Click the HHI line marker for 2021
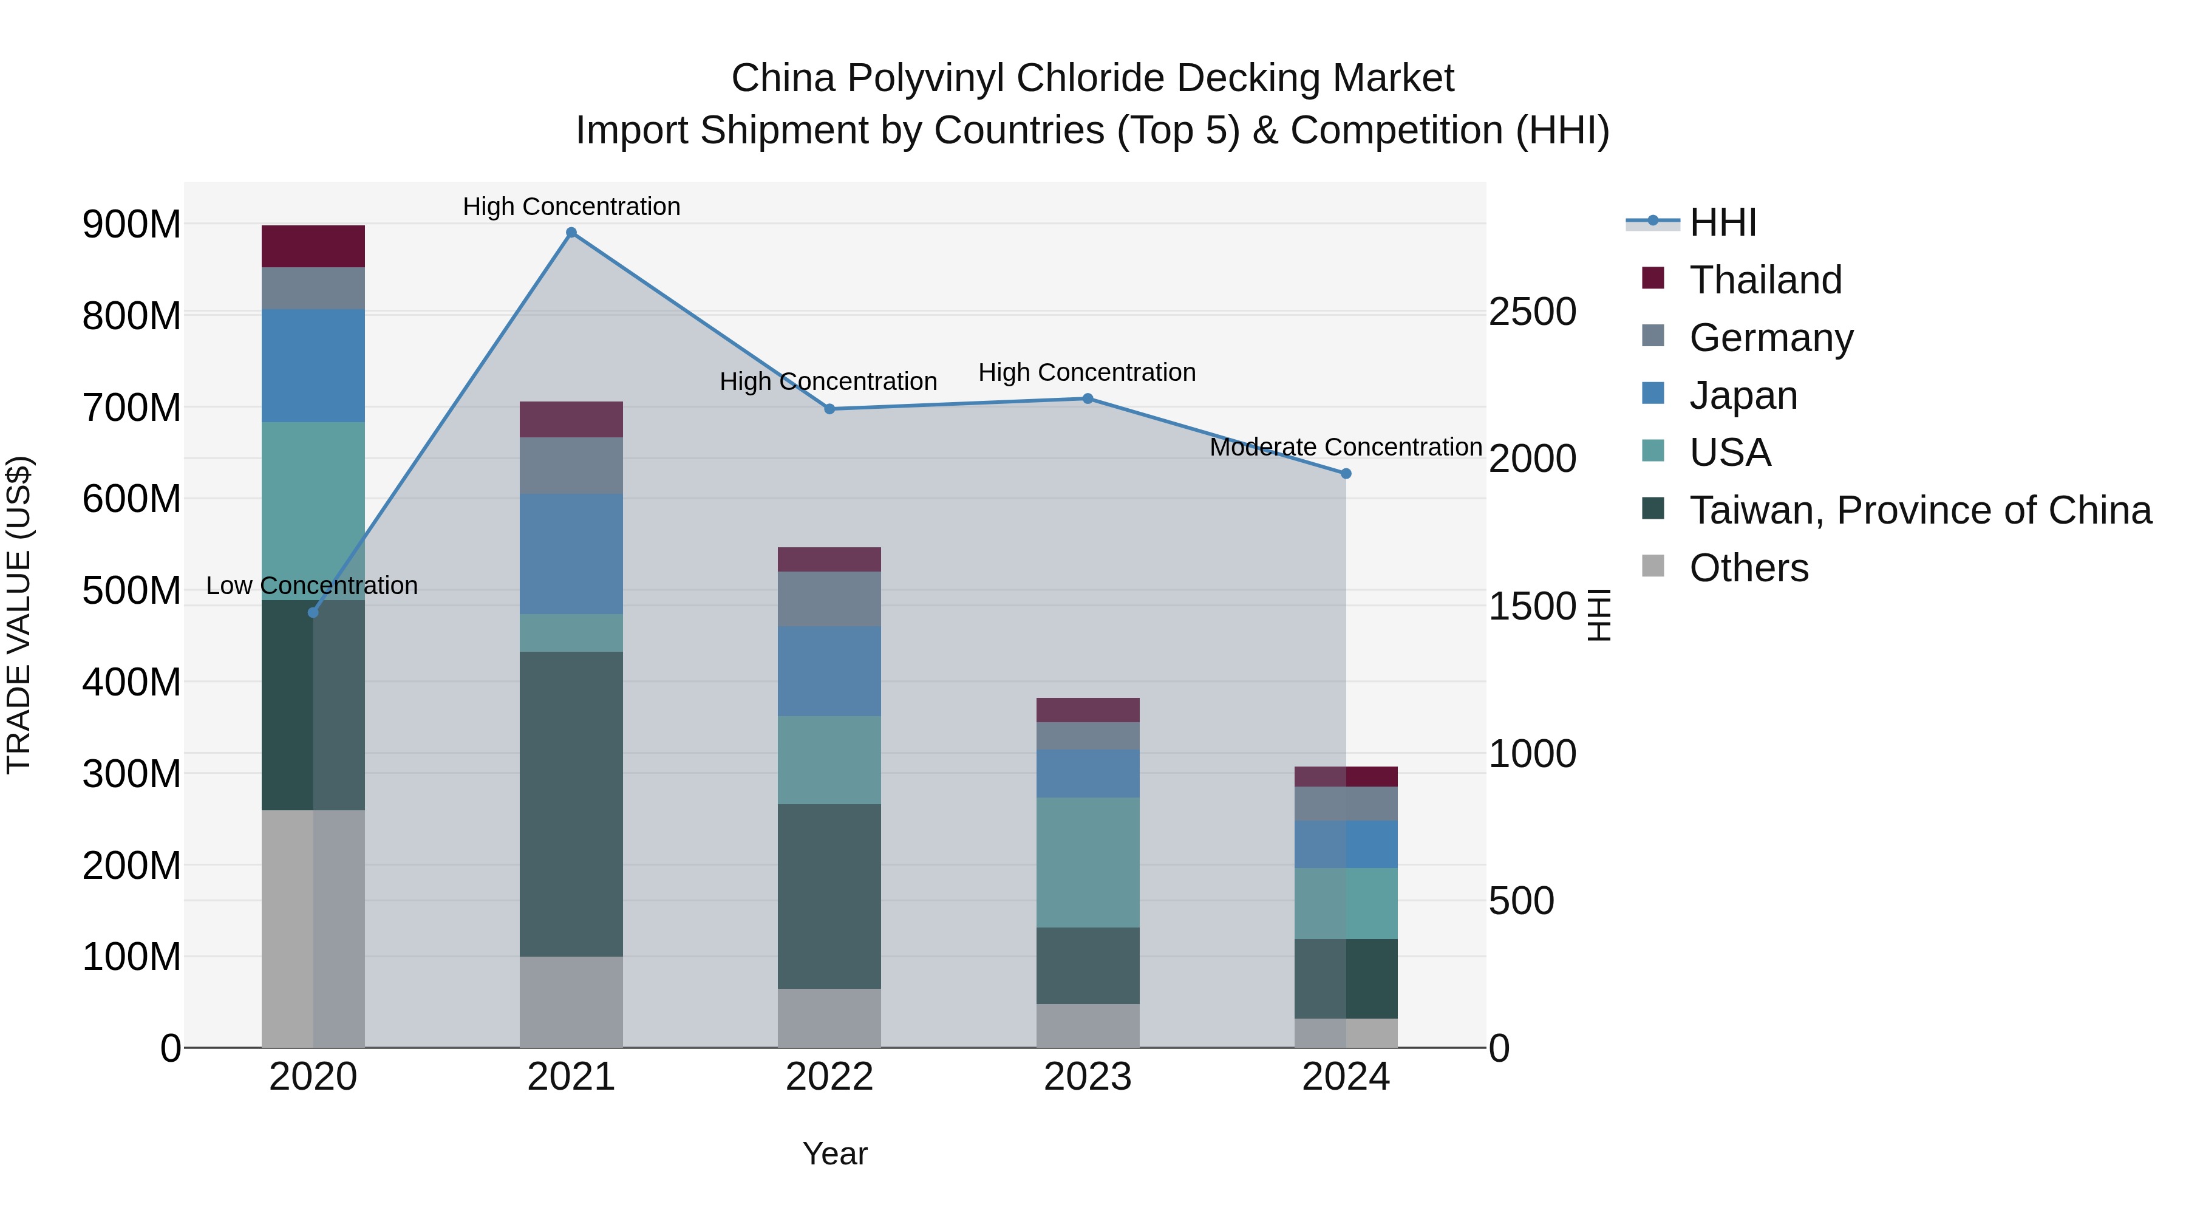click(x=571, y=233)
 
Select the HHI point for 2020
click(x=313, y=612)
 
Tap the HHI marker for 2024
click(x=1346, y=474)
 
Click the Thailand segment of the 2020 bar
click(x=313, y=246)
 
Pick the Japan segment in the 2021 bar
click(x=571, y=553)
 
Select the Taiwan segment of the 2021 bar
click(x=571, y=804)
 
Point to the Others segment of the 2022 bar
click(x=829, y=1018)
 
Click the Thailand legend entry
click(x=1765, y=280)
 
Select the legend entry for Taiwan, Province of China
click(x=1919, y=510)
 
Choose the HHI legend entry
click(x=1723, y=222)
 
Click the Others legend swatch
click(x=1653, y=566)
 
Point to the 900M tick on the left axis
click(x=132, y=225)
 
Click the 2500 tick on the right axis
click(x=1533, y=312)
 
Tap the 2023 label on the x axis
click(x=1088, y=1077)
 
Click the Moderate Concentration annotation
click(x=1346, y=446)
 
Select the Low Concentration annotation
click(x=312, y=586)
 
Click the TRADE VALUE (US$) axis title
click(x=19, y=615)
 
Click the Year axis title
click(x=835, y=1153)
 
